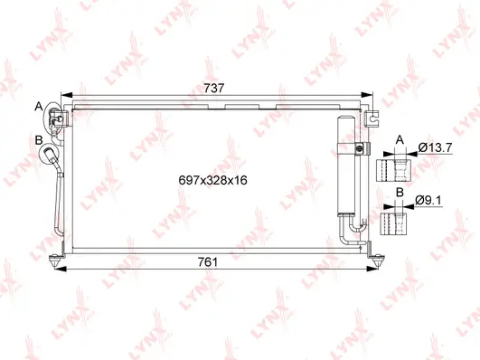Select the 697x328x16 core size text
[x=213, y=180]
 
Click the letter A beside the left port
[x=39, y=107]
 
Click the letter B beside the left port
[x=39, y=139]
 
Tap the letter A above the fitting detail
[x=399, y=140]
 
